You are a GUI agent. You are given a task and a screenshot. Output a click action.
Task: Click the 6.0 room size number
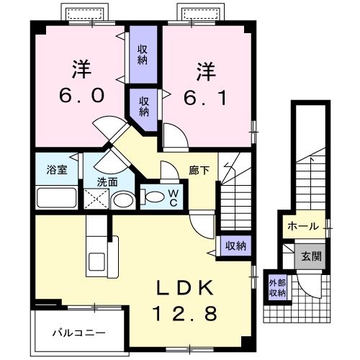point(79,94)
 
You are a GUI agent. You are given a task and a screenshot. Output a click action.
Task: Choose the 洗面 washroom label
point(107,181)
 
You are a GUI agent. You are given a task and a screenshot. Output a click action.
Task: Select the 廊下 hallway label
point(199,171)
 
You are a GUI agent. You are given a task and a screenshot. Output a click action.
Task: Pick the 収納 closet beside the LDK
point(235,246)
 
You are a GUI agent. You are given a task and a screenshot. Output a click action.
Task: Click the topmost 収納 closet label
point(143,53)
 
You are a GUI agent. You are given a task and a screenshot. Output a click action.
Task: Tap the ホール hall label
point(303,226)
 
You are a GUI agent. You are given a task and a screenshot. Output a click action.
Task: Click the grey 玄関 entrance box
point(311,255)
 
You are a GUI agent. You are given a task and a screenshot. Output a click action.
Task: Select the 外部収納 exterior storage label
point(277,287)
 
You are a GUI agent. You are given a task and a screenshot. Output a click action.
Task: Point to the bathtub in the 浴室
point(56,197)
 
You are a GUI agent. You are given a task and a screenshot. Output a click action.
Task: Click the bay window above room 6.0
point(84,13)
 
